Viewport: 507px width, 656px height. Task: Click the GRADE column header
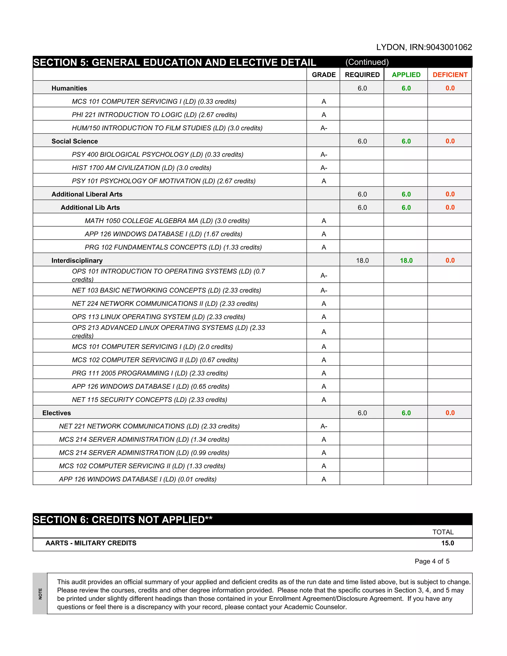(324, 75)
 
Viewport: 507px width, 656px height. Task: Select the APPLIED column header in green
(406, 75)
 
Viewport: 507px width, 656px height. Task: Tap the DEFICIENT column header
(450, 75)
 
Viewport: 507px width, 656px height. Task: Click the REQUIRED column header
(362, 75)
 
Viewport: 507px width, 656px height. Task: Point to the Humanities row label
(69, 88)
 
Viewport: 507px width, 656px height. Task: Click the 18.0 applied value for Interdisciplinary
(406, 260)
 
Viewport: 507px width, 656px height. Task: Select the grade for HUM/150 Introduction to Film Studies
(324, 128)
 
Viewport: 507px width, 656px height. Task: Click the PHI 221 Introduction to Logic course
(154, 115)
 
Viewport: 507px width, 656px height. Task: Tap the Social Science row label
(75, 141)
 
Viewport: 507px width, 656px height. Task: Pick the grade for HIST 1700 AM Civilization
(324, 168)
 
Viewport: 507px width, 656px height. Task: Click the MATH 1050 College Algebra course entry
(167, 221)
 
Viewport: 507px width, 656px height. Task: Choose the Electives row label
(56, 413)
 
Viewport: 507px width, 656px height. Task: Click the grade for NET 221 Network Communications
(324, 426)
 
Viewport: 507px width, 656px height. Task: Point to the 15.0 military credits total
(447, 543)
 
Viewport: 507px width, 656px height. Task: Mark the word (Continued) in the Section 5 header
(367, 62)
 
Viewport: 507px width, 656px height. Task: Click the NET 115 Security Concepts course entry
(149, 400)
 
